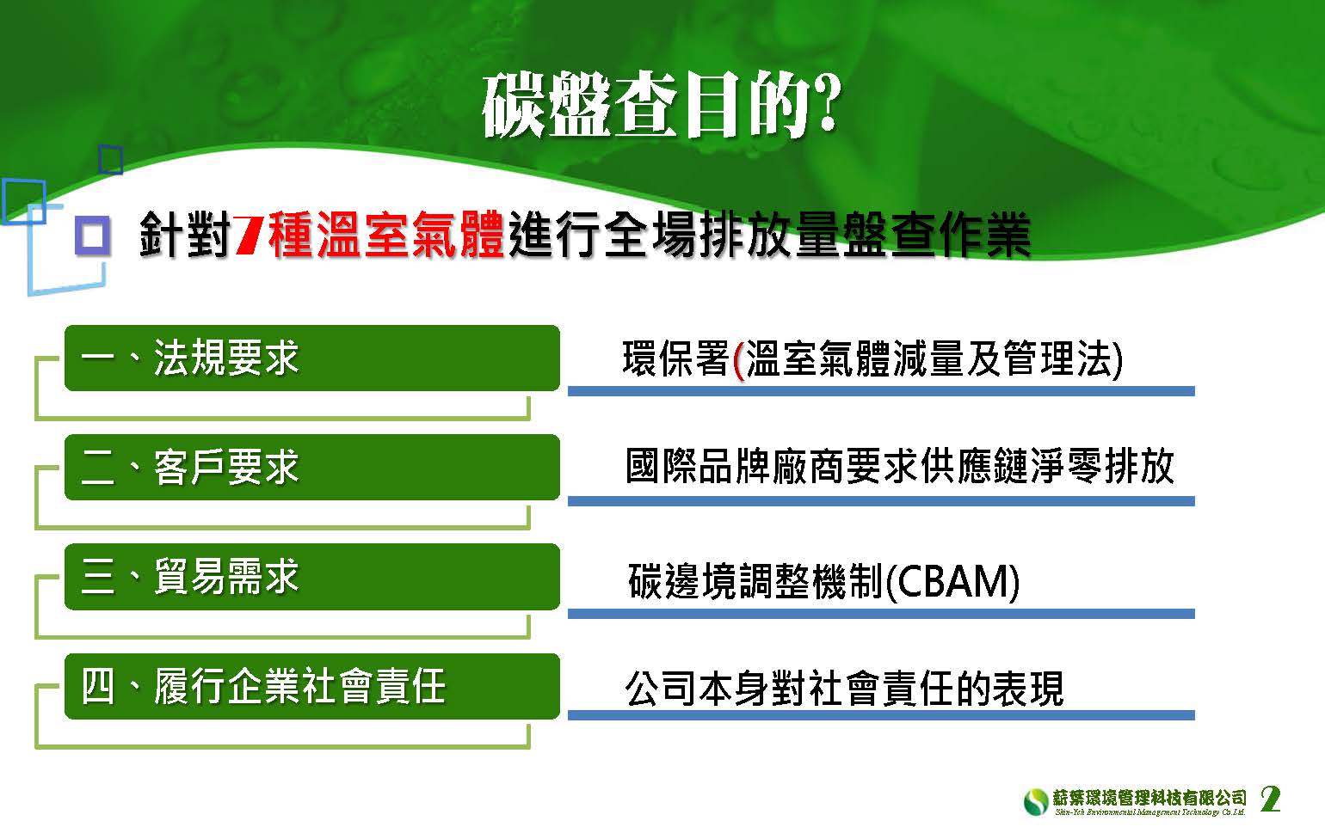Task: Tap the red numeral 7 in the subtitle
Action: pos(249,235)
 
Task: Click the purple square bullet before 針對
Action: pos(93,236)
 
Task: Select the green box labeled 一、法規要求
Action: pos(311,358)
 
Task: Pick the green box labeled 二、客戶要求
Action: pos(311,467)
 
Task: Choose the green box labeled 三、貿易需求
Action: pos(311,576)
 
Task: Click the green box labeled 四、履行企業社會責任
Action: pos(311,686)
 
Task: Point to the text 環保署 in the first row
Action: pos(675,358)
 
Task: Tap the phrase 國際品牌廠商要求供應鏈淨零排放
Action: pos(899,467)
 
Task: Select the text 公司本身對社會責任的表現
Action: pos(845,689)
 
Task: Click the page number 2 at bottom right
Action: pos(1270,799)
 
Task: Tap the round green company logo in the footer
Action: pos(1035,802)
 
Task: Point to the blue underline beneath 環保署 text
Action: pos(881,391)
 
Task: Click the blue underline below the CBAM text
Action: pos(881,614)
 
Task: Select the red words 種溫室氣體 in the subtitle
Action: pos(385,235)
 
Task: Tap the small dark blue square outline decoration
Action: pos(111,159)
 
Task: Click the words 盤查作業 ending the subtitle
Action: pos(937,235)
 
